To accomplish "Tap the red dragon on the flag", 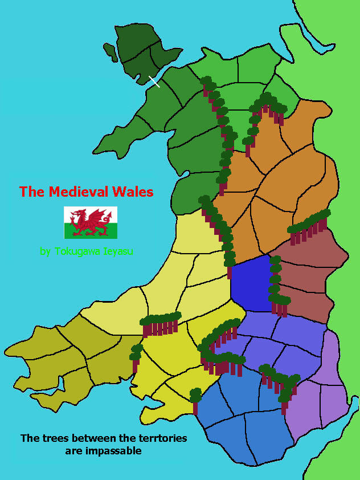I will pos(91,222).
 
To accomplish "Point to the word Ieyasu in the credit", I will pos(116,251).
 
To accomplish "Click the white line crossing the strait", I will pos(154,82).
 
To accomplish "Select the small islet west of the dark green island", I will pos(111,52).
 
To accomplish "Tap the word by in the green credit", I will pos(45,251).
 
